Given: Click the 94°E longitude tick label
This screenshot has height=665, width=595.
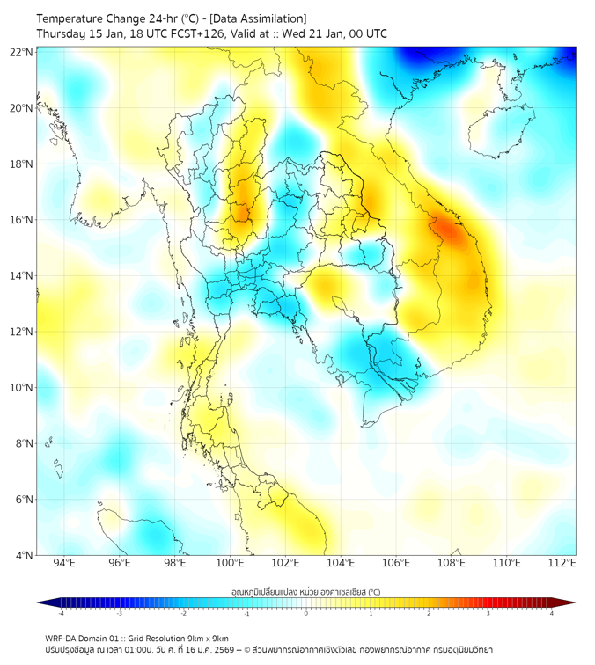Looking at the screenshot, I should [64, 563].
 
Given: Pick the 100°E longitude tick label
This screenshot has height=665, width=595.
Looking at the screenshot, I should [231, 563].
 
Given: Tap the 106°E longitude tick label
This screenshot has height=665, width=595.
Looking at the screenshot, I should [396, 563].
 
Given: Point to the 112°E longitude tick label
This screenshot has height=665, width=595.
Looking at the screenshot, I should [562, 563].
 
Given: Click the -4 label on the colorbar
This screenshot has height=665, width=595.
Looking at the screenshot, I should [61, 613].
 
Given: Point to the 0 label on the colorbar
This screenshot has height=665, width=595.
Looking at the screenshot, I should [306, 613].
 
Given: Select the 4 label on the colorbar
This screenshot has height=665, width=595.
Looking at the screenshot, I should [552, 613].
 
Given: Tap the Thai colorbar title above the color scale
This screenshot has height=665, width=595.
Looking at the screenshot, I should [305, 592].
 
